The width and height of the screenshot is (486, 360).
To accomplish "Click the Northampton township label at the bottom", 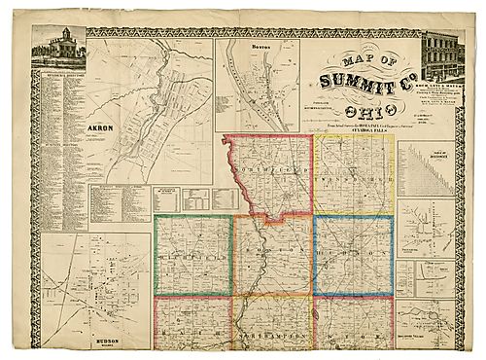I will coord(272,333).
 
